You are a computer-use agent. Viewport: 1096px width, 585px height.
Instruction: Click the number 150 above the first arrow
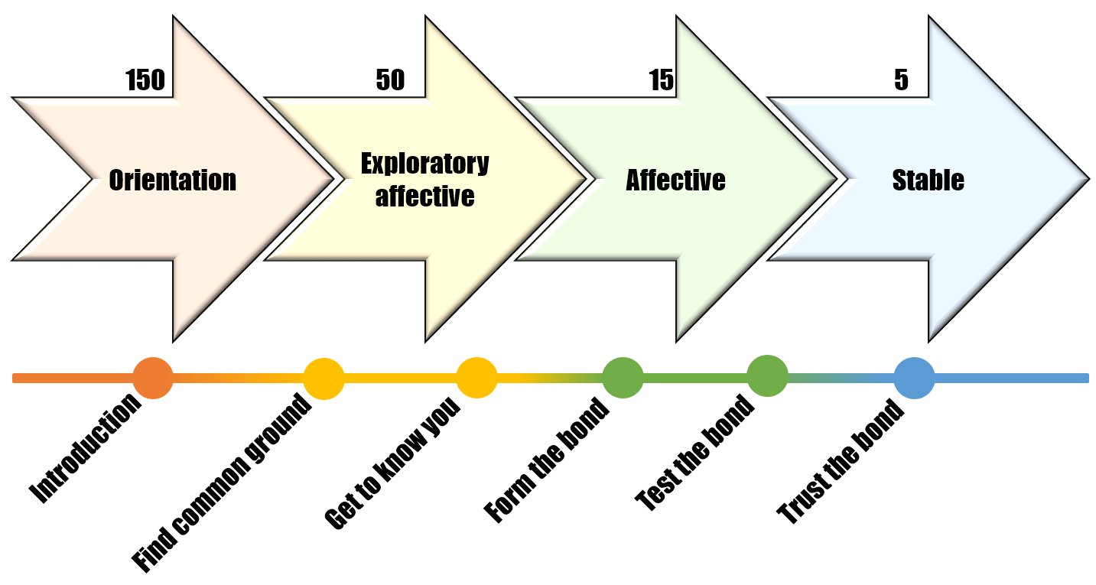tap(145, 80)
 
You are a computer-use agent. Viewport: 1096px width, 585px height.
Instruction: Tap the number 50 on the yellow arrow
tap(390, 80)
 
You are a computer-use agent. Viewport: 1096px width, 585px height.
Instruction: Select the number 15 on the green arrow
tap(662, 80)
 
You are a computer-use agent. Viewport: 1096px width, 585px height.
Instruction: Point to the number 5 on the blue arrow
tap(901, 80)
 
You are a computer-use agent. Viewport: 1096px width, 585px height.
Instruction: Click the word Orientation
tap(173, 180)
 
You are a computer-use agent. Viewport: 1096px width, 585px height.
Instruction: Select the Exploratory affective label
tap(425, 180)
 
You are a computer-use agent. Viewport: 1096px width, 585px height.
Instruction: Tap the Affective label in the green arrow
tap(676, 180)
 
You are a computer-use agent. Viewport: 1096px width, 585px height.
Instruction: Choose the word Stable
tap(928, 180)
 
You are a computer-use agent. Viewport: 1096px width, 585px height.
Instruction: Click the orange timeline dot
tap(153, 378)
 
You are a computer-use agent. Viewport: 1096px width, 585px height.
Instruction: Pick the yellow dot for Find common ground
tap(324, 379)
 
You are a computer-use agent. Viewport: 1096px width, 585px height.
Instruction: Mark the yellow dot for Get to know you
tap(476, 379)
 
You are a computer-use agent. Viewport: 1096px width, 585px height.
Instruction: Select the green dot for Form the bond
tap(623, 378)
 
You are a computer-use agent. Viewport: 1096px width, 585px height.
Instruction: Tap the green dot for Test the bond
tap(767, 376)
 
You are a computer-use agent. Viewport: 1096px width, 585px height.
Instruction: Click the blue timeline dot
tap(914, 378)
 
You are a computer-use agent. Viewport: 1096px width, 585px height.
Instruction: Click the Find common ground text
tap(223, 483)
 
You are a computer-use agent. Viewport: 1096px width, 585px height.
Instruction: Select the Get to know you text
tap(393, 465)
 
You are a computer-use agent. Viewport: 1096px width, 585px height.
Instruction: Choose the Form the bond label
tap(548, 460)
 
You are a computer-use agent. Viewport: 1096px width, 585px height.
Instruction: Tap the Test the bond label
tap(695, 453)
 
